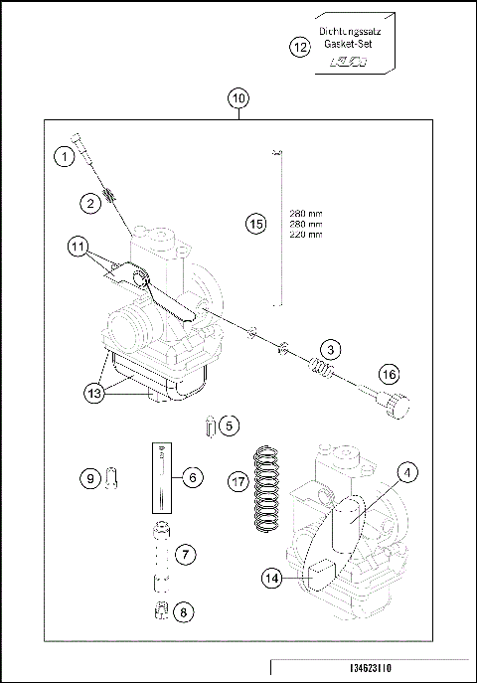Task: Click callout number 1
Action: click(65, 157)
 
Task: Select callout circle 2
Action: click(90, 204)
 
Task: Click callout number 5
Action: click(230, 426)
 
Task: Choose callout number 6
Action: click(193, 477)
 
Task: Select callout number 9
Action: click(89, 478)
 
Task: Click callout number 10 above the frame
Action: click(238, 98)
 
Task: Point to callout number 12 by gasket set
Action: click(299, 46)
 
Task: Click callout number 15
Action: click(255, 225)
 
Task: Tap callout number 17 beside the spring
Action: click(237, 480)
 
